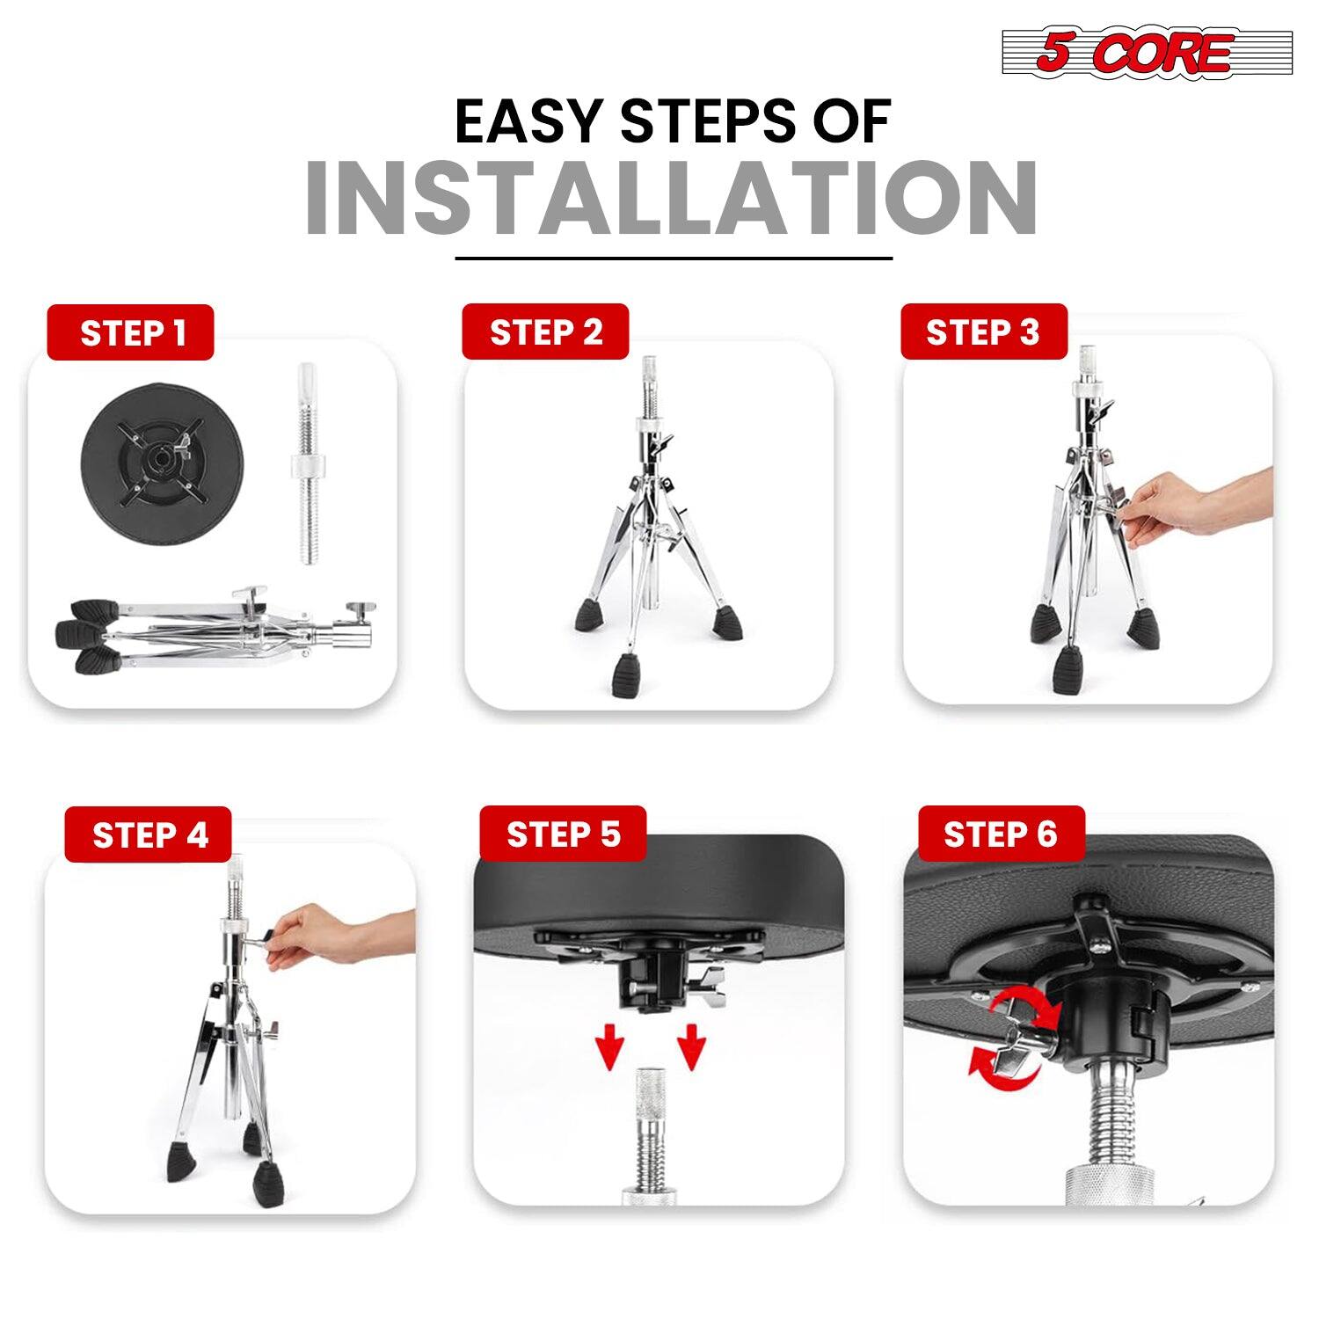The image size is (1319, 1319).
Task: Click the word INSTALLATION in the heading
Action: [x=671, y=198]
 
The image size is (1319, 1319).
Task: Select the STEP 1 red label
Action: [x=131, y=333]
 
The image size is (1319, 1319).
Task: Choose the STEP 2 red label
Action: [x=545, y=332]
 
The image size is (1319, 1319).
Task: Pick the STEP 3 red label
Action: [x=983, y=332]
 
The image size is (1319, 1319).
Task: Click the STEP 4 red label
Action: [x=148, y=834]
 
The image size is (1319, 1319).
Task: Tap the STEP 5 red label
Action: [x=563, y=834]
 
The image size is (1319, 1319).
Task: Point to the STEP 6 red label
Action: [x=1001, y=834]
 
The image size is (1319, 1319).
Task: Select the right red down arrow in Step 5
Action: [x=692, y=1046]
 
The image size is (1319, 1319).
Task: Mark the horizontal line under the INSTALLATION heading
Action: [x=674, y=259]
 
